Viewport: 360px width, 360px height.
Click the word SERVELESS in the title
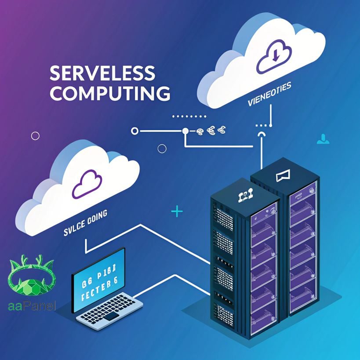[x=102, y=73]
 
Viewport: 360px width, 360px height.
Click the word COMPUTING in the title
[x=110, y=94]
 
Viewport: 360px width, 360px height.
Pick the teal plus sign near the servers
[x=177, y=212]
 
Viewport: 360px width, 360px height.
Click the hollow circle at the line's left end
[x=135, y=131]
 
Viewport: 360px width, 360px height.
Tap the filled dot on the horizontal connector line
[x=185, y=131]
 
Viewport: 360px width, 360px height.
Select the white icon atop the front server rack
[x=244, y=197]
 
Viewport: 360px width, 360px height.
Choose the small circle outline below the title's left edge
[x=35, y=136]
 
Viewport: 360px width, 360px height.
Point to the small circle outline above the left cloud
[x=162, y=149]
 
